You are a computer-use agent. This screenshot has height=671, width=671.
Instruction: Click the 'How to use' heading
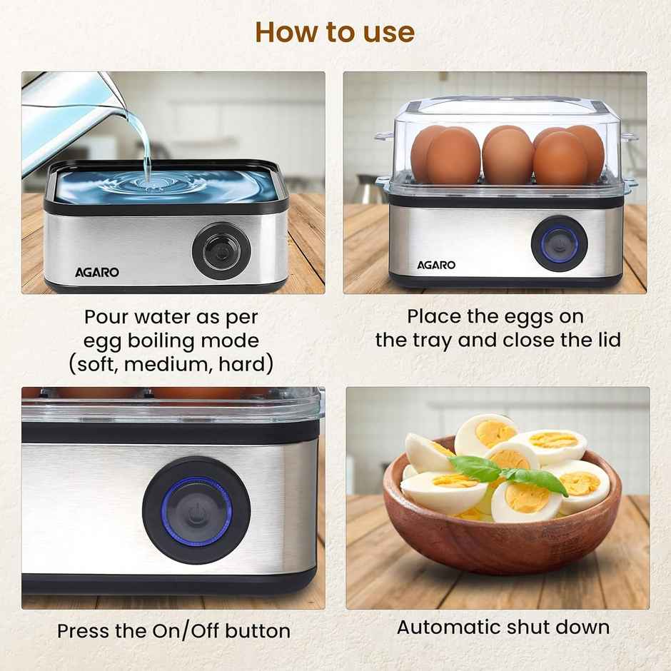pyautogui.click(x=335, y=32)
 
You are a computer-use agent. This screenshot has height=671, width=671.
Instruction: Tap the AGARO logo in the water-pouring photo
pyautogui.click(x=97, y=272)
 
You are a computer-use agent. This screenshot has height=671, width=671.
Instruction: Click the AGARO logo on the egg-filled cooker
pyautogui.click(x=436, y=265)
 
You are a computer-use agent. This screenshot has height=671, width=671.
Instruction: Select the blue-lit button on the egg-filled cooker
pyautogui.click(x=560, y=243)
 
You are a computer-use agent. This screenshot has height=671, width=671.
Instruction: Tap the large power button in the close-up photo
pyautogui.click(x=196, y=511)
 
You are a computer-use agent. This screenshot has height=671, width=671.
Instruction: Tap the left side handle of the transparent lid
pyautogui.click(x=384, y=136)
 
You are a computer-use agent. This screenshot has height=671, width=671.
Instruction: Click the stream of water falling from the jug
pyautogui.click(x=146, y=146)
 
